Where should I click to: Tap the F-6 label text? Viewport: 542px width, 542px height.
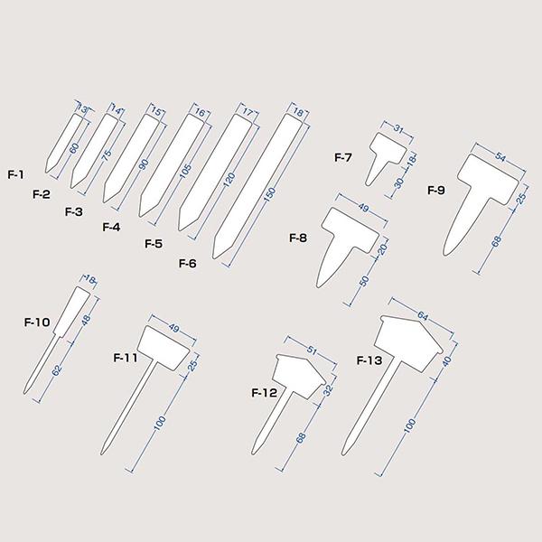click(187, 263)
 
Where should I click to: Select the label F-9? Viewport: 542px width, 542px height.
click(435, 190)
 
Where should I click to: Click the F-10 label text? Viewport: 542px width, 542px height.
click(37, 321)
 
